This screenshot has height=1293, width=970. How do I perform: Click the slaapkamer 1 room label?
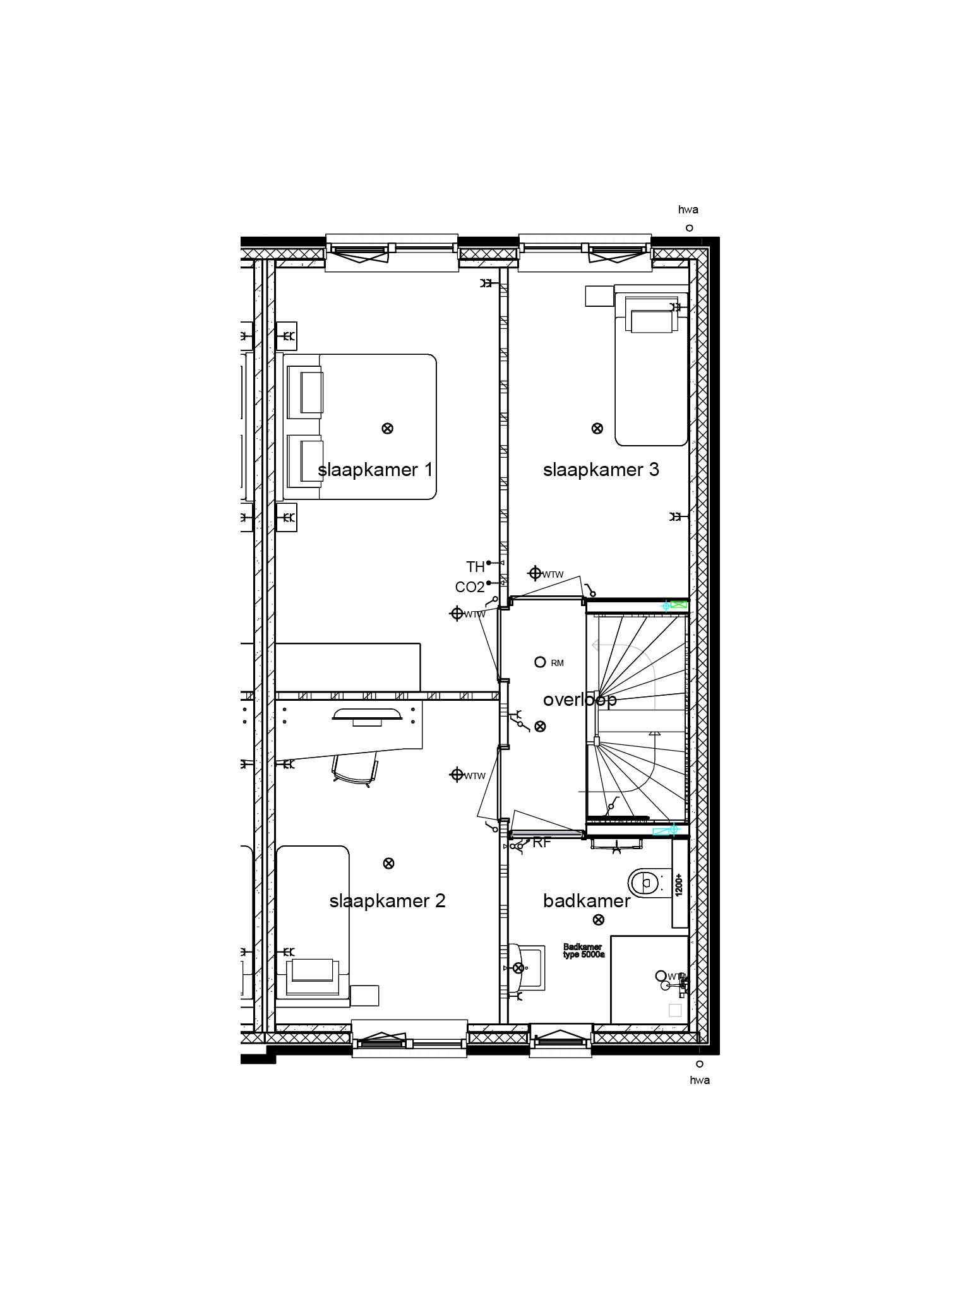375,470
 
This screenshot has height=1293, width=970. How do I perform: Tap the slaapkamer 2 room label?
387,900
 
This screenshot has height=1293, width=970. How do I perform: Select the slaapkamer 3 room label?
601,470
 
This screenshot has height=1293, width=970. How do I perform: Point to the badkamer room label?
587,900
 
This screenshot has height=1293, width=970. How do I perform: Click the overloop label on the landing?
579,700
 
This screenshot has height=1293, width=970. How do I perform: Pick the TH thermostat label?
476,567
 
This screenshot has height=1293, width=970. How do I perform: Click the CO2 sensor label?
470,588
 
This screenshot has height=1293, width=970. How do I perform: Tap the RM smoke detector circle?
540,662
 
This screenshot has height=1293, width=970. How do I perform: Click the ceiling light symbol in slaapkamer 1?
388,429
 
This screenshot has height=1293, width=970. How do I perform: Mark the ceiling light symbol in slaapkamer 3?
597,429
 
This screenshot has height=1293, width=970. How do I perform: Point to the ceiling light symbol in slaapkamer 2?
388,863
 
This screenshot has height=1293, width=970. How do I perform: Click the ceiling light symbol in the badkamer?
599,919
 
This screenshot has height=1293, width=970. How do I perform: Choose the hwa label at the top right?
688,210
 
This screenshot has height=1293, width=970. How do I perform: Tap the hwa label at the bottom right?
700,1080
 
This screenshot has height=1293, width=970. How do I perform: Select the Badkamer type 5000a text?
584,951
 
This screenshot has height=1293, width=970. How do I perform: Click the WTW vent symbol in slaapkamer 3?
535,573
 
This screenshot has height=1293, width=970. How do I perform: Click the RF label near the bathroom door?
542,842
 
